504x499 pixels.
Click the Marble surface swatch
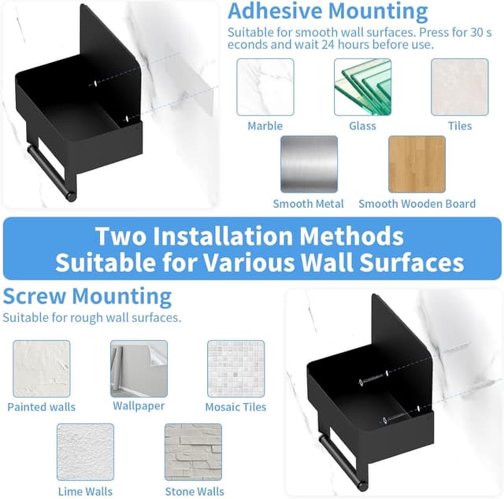[265, 87]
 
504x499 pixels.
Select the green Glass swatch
[362, 87]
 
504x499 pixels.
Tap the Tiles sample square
[460, 87]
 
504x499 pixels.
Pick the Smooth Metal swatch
[309, 164]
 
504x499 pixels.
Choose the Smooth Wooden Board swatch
[417, 164]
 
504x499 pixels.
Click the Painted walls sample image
[42, 368]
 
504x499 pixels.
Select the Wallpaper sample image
[139, 368]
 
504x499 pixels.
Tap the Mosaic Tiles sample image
[236, 368]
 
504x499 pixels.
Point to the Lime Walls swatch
[85, 452]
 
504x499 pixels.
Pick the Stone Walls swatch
[193, 452]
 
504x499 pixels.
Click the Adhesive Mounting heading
[328, 12]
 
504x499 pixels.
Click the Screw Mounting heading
[87, 296]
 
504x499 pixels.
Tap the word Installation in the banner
[222, 236]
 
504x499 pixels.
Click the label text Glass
[362, 126]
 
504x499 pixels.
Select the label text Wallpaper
[139, 406]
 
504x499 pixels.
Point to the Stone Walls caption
[195, 491]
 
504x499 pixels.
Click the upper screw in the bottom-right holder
[373, 379]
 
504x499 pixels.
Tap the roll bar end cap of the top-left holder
[72, 196]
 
